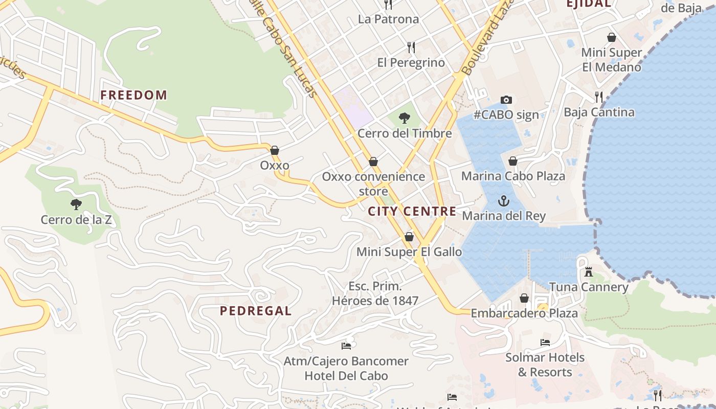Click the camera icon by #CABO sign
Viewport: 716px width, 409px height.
506,100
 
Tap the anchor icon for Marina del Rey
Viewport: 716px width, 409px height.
504,200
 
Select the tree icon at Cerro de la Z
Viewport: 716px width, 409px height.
76,205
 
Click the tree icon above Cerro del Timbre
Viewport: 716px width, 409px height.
404,118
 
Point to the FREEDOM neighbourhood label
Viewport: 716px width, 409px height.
133,95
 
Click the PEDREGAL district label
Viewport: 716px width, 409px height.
256,311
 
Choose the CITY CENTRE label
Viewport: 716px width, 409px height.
412,212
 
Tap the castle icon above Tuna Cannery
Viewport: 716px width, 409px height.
589,272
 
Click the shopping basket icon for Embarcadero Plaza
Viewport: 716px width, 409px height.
524,298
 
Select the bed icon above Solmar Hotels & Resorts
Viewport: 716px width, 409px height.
545,343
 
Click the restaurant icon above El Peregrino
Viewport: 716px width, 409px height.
411,48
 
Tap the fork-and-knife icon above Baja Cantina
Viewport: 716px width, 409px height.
599,97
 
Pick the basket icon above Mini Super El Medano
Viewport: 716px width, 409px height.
611,37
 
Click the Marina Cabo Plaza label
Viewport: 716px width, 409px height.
513,176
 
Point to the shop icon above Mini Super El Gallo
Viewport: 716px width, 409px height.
409,237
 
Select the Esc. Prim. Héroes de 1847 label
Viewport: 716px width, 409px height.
375,293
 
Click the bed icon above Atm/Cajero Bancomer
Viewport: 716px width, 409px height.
346,346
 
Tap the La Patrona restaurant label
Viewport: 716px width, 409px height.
388,19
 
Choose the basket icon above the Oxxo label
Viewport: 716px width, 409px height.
275,150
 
